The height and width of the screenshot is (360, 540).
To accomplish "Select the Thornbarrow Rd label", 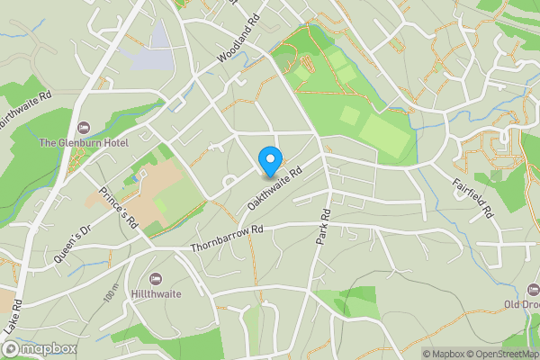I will tap(227, 238).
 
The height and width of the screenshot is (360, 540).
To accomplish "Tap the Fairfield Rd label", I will tap(473, 198).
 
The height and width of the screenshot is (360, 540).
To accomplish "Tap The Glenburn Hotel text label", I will tap(84, 143).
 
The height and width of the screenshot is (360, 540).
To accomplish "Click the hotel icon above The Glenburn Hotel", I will tap(84, 128).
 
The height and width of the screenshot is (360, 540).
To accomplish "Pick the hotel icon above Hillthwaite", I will tap(157, 277).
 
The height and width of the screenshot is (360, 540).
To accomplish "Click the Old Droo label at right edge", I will tap(521, 303).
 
